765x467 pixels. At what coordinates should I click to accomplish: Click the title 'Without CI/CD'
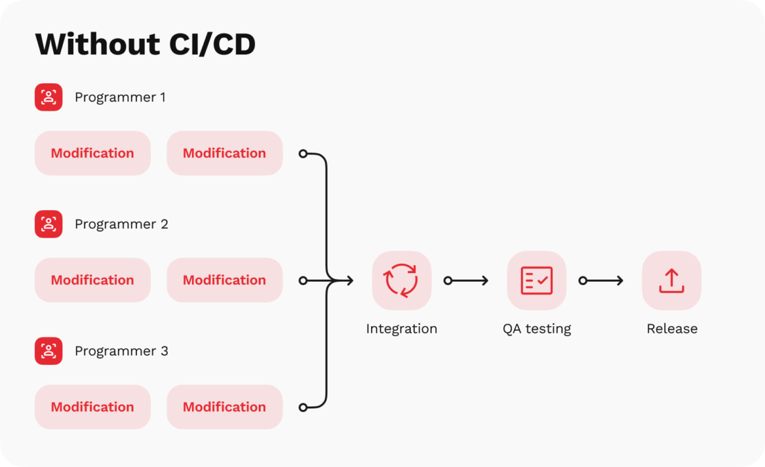pos(146,44)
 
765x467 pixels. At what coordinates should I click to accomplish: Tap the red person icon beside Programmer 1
pos(48,97)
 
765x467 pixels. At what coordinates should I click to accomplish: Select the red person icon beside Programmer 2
pos(48,224)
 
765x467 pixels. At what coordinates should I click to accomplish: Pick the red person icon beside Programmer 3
pos(48,351)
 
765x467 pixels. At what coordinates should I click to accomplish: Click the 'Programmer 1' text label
pos(120,97)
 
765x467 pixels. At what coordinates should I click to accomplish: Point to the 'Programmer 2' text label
pos(121,224)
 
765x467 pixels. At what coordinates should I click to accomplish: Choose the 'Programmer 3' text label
pos(121,351)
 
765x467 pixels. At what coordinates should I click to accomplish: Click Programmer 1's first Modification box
pos(93,153)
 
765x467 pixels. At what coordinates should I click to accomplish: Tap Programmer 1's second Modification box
pos(224,153)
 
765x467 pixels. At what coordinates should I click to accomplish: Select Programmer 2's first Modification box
pos(93,280)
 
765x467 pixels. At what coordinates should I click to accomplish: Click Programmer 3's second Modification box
pos(224,407)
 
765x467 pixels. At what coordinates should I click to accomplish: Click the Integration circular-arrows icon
pos(401,280)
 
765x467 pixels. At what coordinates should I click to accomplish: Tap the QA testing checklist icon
pos(536,280)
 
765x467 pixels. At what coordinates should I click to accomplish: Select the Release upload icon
pos(671,280)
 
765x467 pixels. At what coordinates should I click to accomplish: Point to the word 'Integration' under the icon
pos(401,329)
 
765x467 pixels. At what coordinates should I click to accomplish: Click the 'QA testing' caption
pos(536,329)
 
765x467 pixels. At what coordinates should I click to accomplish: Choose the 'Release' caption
pos(672,329)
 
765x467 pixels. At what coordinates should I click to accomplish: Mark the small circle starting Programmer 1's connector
pos(303,154)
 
